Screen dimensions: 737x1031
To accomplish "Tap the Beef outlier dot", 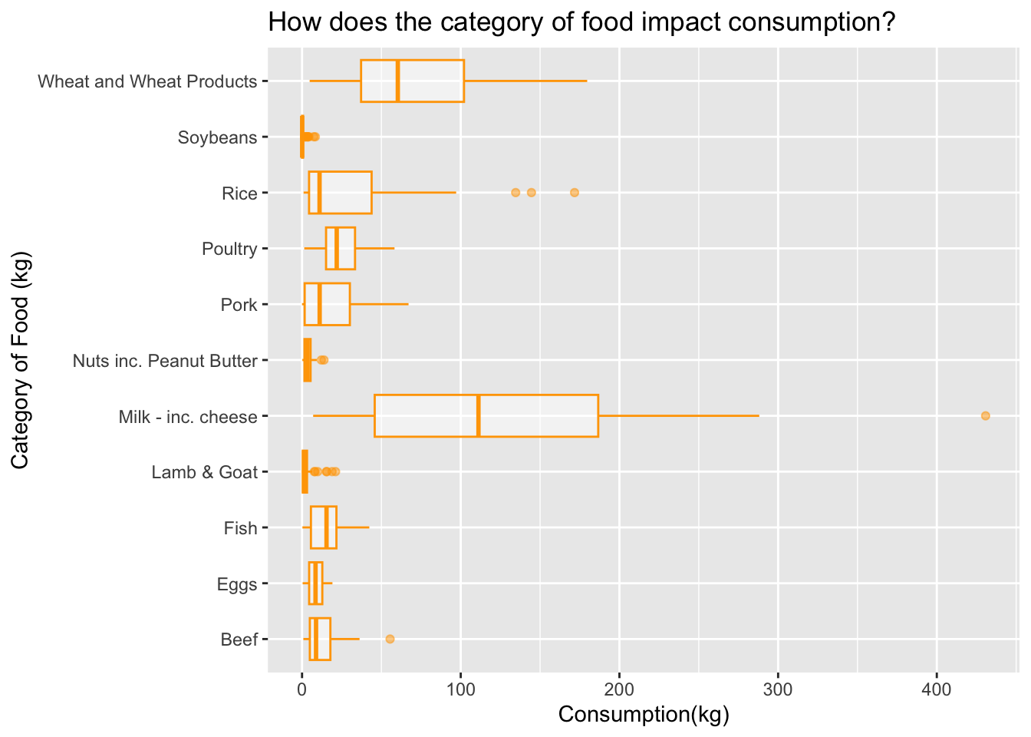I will (390, 639).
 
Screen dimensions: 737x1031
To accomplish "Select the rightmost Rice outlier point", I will (575, 192).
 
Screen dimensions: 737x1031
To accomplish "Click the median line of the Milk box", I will (479, 415).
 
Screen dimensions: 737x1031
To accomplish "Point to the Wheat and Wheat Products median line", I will (397, 81).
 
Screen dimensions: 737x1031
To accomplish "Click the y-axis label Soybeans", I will (217, 137).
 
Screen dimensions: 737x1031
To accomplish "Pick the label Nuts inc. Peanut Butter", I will (164, 361).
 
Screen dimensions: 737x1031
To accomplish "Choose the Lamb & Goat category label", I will (204, 472).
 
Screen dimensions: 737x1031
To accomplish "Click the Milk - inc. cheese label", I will (187, 417).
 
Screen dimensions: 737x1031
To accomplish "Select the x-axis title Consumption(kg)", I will (643, 715).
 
